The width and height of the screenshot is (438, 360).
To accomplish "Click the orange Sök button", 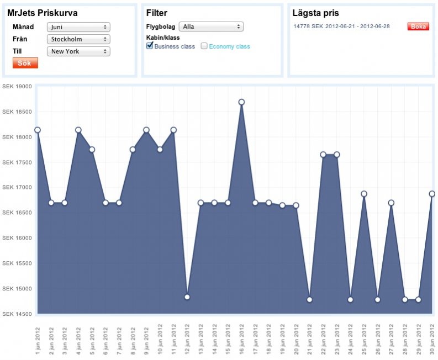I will (25, 63).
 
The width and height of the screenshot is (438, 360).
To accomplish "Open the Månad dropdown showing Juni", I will (78, 27).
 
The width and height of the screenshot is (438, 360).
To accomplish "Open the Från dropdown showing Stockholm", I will (78, 39).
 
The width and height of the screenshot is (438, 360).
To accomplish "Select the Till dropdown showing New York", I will (78, 51).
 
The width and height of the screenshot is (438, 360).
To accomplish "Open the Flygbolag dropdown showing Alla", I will (211, 27).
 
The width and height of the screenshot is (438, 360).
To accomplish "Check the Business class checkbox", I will (150, 46).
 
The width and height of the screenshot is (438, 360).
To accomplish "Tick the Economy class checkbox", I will (204, 46).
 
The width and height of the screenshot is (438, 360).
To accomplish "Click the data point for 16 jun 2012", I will (241, 102).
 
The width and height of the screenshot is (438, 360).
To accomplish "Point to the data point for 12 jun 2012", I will (187, 297).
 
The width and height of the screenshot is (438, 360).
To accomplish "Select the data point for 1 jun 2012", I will (38, 130).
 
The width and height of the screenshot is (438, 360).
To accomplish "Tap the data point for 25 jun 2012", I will (364, 194).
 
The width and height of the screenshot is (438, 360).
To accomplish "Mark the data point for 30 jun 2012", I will (432, 194).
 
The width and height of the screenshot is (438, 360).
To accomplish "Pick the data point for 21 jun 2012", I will (309, 299).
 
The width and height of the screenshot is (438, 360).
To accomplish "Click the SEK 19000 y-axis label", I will (17, 86).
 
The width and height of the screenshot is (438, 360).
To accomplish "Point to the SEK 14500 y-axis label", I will (17, 314).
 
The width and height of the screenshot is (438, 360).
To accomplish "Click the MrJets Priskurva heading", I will (43, 13).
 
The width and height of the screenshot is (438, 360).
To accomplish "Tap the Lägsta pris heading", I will (315, 13).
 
